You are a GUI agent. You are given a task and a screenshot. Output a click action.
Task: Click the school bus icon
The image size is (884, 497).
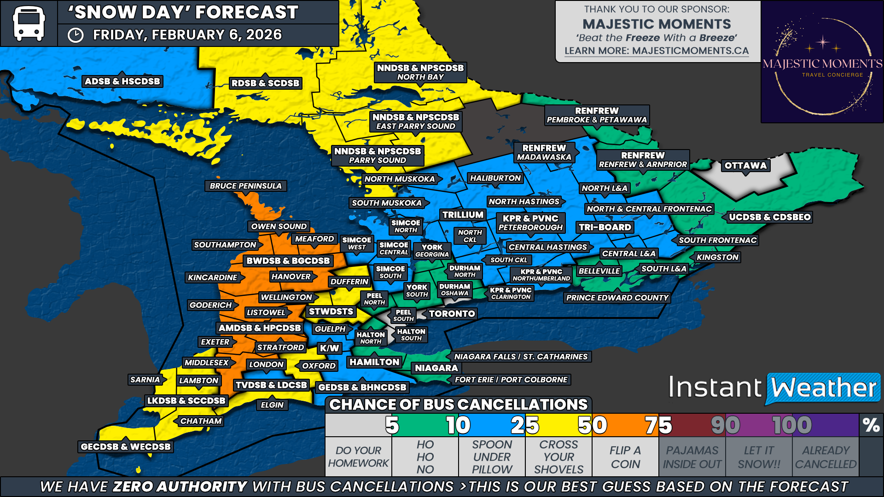pyautogui.click(x=29, y=23)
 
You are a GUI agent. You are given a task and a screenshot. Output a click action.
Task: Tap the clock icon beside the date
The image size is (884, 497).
pyautogui.click(x=76, y=35)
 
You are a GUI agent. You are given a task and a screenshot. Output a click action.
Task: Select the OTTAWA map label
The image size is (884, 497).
pyautogui.click(x=745, y=166)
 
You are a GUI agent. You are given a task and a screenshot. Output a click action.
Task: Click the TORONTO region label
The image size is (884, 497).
pyautogui.click(x=452, y=314)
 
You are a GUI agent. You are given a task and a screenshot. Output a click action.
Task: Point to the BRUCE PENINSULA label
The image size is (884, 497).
pyautogui.click(x=245, y=186)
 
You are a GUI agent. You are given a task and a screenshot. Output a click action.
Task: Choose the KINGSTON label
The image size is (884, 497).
pyautogui.click(x=717, y=257)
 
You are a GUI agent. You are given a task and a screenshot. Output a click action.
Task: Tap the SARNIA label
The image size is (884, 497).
pyautogui.click(x=145, y=380)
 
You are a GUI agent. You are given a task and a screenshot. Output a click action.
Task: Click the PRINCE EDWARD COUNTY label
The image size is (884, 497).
pyautogui.click(x=617, y=298)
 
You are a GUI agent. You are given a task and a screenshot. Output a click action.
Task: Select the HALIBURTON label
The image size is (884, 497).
pyautogui.click(x=495, y=178)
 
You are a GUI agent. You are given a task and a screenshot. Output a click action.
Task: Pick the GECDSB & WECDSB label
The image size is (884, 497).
pyautogui.click(x=125, y=446)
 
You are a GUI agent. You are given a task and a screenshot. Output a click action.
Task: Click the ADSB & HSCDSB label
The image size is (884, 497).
pyautogui.click(x=122, y=81)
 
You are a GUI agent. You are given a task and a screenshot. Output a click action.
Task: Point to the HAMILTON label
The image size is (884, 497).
pyautogui.click(x=374, y=362)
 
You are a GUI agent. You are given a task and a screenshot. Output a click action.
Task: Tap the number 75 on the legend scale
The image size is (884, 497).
pyautogui.click(x=658, y=425)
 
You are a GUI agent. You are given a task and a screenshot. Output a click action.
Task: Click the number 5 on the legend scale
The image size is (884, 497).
pyautogui.click(x=392, y=425)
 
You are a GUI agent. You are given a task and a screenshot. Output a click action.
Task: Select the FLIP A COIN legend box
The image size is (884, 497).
pyautogui.click(x=625, y=457)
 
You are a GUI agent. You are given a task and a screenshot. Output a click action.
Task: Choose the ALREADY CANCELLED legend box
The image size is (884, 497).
pyautogui.click(x=826, y=457)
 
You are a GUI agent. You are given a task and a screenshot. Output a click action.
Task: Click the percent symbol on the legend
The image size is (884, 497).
pyautogui.click(x=871, y=425)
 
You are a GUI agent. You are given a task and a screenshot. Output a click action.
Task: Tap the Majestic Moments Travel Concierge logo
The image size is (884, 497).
pyautogui.click(x=822, y=62)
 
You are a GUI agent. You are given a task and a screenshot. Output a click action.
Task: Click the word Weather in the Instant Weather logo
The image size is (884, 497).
pyautogui.click(x=823, y=388)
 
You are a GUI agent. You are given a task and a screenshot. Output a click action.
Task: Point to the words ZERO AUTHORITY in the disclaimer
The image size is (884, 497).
pyautogui.click(x=180, y=486)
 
